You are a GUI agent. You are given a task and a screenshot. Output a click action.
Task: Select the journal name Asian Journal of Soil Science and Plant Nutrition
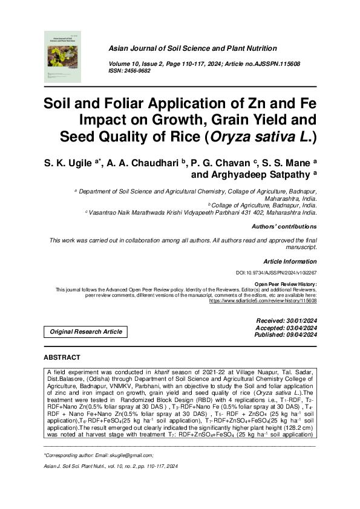(192, 48)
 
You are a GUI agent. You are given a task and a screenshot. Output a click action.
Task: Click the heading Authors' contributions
(284, 227)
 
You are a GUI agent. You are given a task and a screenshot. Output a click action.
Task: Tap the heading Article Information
(290, 261)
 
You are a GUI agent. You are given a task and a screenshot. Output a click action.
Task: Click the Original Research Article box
(86, 331)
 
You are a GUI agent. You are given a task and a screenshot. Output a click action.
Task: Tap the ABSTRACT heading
(62, 357)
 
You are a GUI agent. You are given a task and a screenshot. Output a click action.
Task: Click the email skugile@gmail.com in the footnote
(128, 455)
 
